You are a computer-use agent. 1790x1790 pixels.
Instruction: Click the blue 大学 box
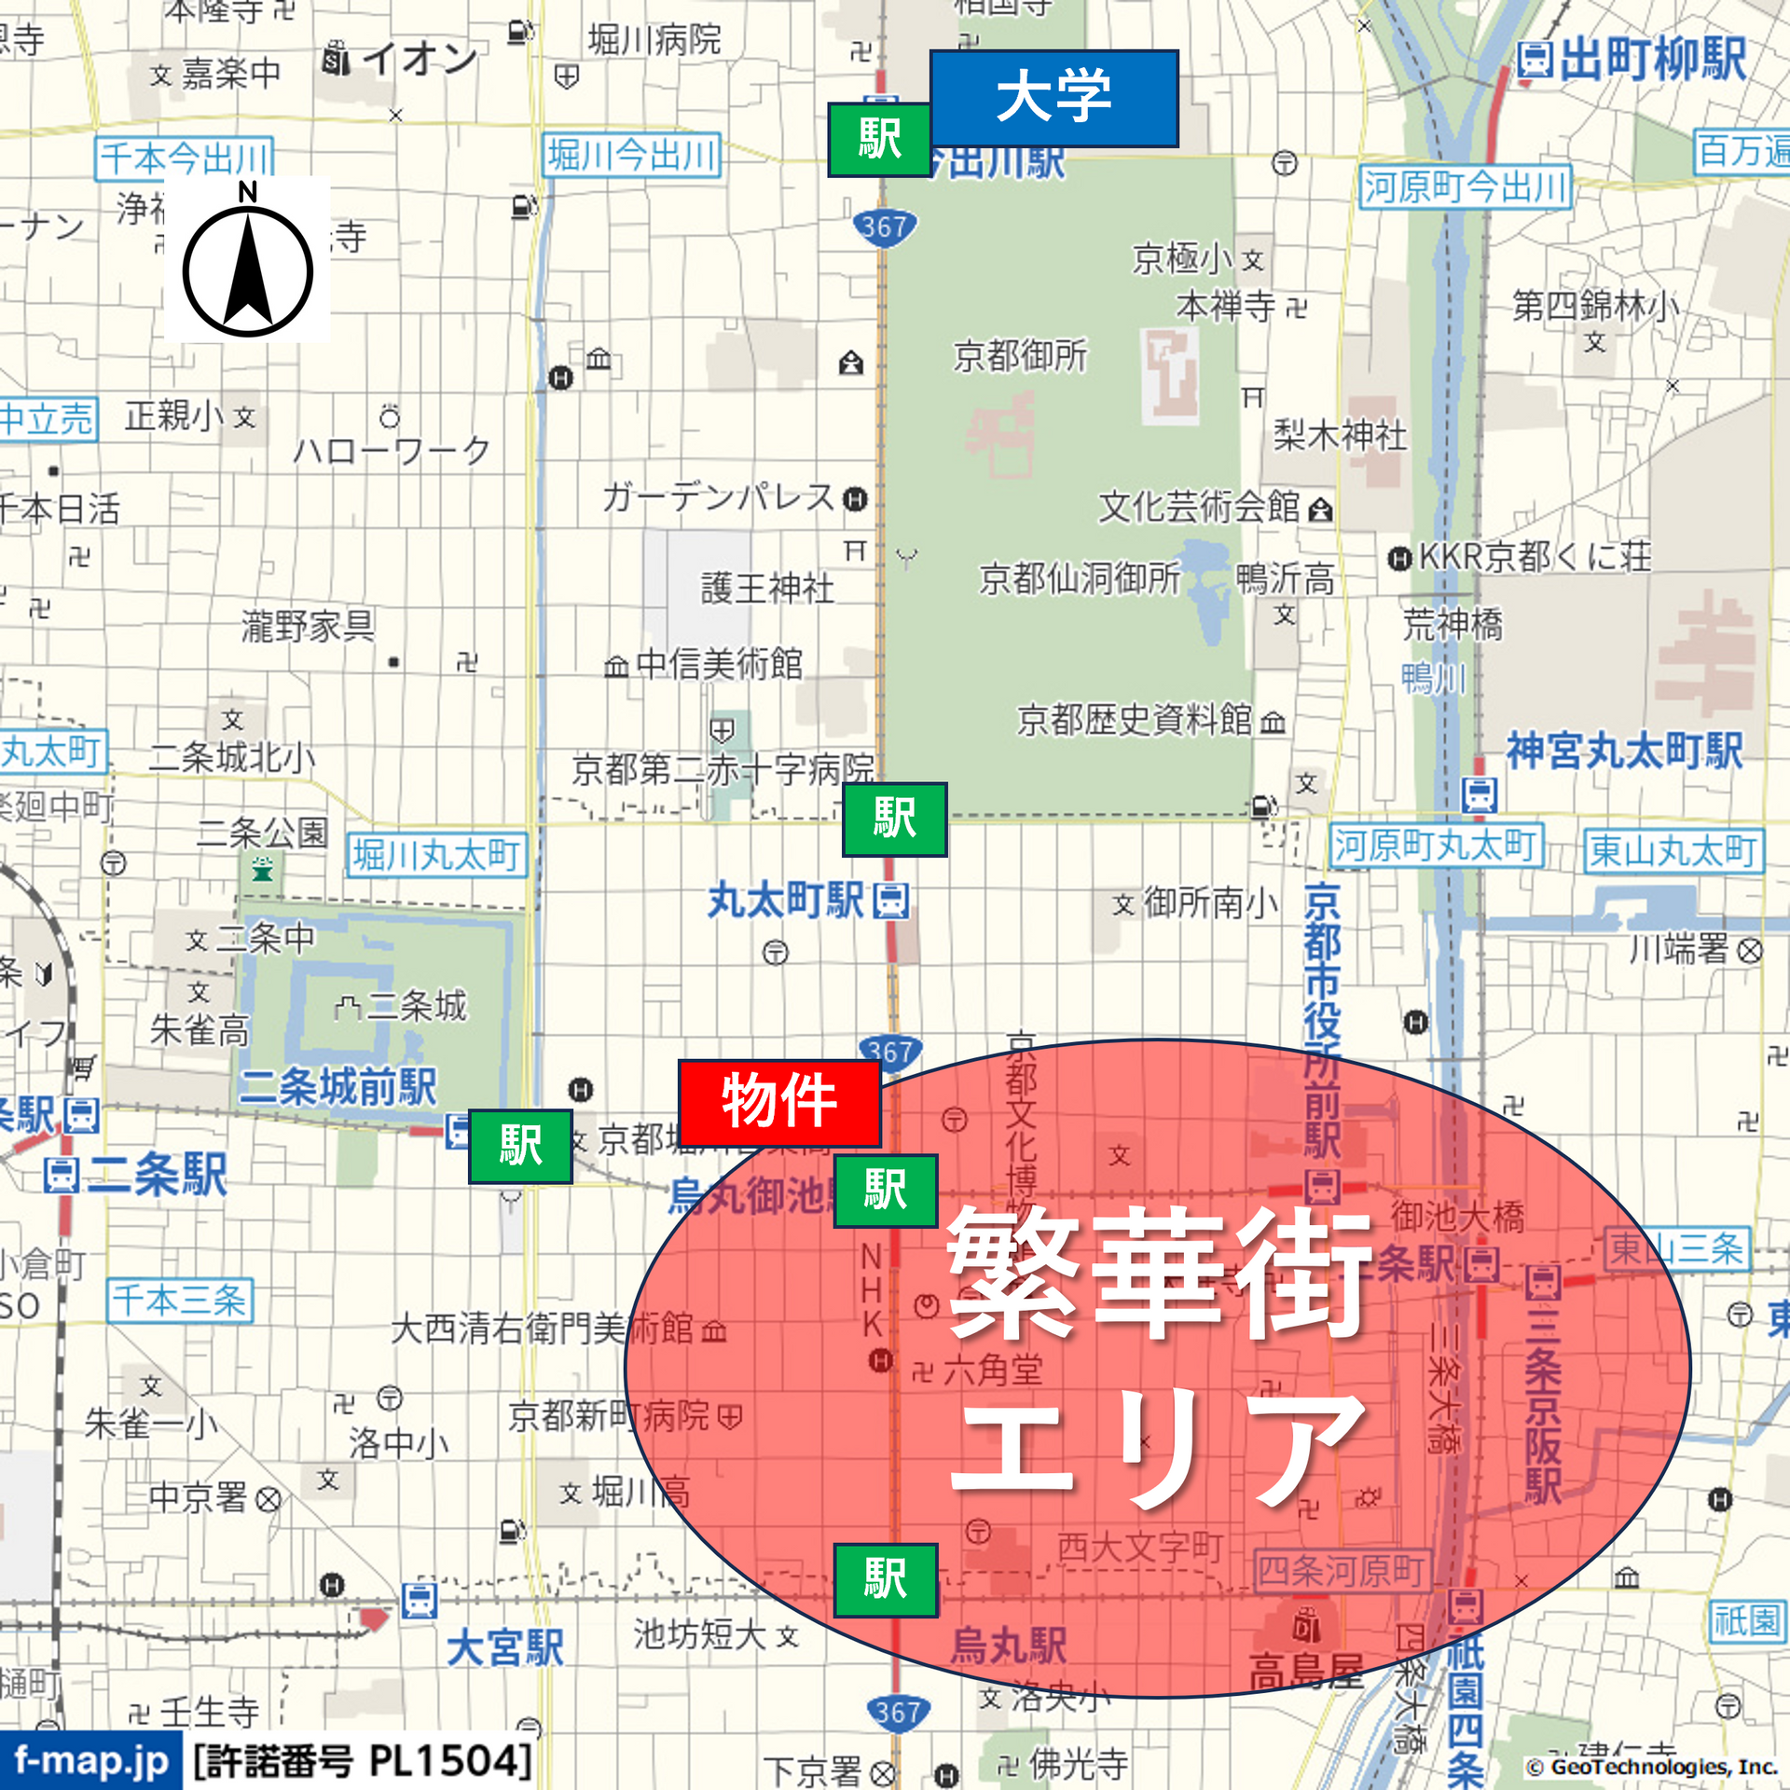(1053, 98)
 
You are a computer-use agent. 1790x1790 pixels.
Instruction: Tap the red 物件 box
(779, 1102)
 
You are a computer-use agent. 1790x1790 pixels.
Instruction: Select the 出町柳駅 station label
(1652, 60)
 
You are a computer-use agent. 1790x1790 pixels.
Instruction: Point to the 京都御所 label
(1020, 355)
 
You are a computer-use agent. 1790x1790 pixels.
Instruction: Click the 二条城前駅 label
(337, 1087)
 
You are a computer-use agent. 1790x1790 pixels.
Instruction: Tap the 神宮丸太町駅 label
(1624, 750)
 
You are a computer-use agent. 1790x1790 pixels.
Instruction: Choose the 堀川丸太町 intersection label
(436, 855)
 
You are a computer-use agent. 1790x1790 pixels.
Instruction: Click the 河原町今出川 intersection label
(1465, 187)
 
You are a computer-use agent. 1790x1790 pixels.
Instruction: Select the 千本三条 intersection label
(179, 1300)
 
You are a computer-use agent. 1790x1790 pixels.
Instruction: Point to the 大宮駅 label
(504, 1648)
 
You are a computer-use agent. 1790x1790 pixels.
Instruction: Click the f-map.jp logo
(90, 1761)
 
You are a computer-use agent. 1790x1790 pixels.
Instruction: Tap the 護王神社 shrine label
(767, 588)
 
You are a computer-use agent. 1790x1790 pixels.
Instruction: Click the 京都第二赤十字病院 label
(723, 769)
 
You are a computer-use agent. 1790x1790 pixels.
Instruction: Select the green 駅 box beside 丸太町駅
(894, 819)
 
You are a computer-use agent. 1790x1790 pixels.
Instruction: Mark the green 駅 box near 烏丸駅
(885, 1579)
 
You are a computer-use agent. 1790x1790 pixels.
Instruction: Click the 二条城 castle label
(416, 1005)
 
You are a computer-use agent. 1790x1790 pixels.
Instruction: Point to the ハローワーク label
(392, 450)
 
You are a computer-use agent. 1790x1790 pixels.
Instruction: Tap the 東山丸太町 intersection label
(1673, 851)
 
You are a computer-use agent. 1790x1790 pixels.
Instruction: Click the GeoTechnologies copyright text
(1651, 1767)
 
